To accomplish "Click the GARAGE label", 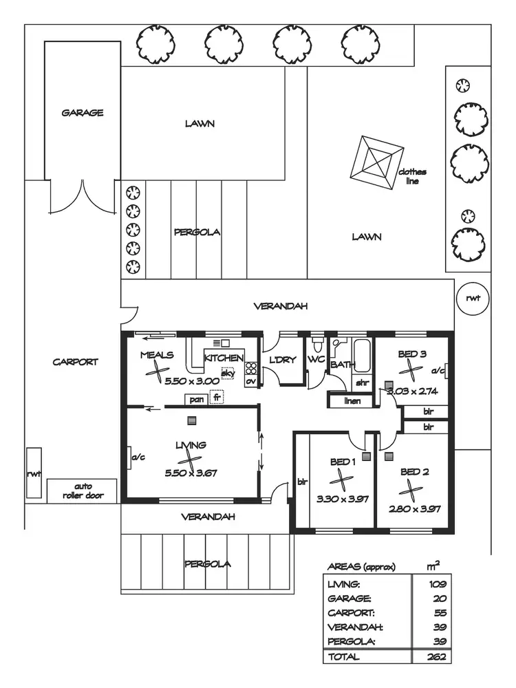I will click(x=83, y=112).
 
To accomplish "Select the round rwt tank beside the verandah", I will click(x=473, y=298).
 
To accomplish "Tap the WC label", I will click(x=316, y=359).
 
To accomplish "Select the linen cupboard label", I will click(x=352, y=400).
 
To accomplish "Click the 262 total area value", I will click(x=435, y=657).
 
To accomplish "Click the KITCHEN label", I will click(x=224, y=358).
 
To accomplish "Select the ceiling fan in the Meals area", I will click(x=159, y=374).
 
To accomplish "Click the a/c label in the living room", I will click(x=136, y=455).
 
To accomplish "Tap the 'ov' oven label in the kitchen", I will click(x=250, y=380).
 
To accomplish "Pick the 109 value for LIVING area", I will click(x=435, y=583).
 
